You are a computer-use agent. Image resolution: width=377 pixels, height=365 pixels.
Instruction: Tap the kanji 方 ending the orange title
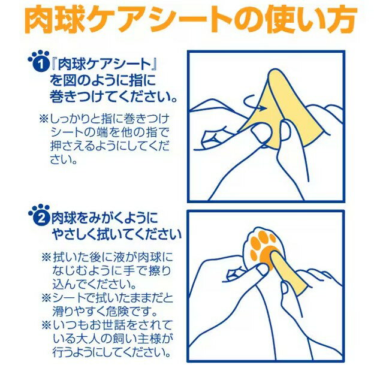point(341,19)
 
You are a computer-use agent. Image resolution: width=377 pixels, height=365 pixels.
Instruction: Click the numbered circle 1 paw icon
point(39,61)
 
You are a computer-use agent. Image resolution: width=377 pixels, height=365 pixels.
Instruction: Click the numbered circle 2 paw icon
point(39,215)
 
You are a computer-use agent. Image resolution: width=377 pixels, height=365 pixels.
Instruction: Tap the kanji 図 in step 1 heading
point(70,80)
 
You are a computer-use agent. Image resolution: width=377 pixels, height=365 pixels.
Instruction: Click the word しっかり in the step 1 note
point(75,119)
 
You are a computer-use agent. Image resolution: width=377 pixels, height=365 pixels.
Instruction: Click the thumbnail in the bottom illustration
point(262,270)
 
